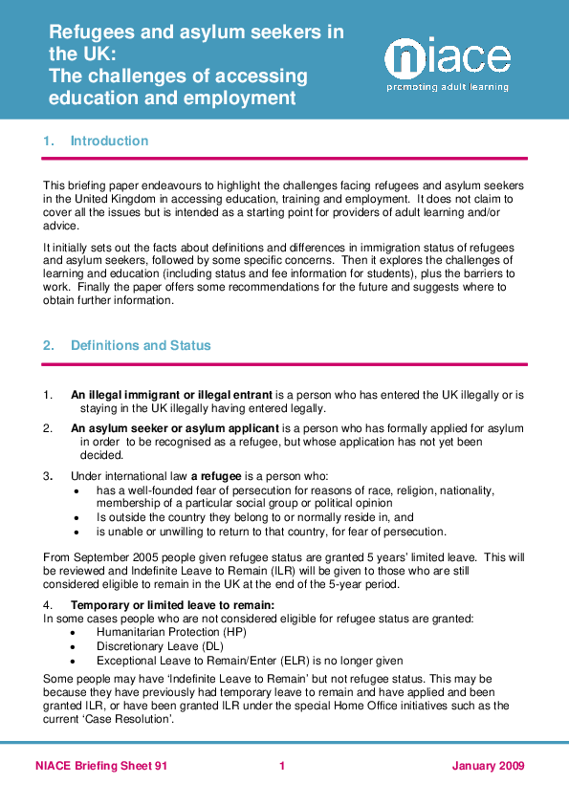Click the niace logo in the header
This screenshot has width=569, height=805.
(x=447, y=58)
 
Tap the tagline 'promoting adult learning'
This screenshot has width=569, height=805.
(x=448, y=87)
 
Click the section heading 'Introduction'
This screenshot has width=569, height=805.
(x=109, y=141)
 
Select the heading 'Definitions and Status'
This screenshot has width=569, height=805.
(x=141, y=346)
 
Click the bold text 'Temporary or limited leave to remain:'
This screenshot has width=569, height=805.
(x=172, y=605)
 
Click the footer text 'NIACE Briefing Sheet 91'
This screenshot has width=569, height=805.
(x=101, y=766)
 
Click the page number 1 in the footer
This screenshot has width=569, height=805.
(x=283, y=766)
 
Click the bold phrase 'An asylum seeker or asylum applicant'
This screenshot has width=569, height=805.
(x=175, y=427)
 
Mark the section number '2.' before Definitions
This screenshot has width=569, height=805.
(x=49, y=346)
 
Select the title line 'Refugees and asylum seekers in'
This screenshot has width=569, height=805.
(x=196, y=32)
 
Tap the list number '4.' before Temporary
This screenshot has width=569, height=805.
(x=48, y=605)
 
